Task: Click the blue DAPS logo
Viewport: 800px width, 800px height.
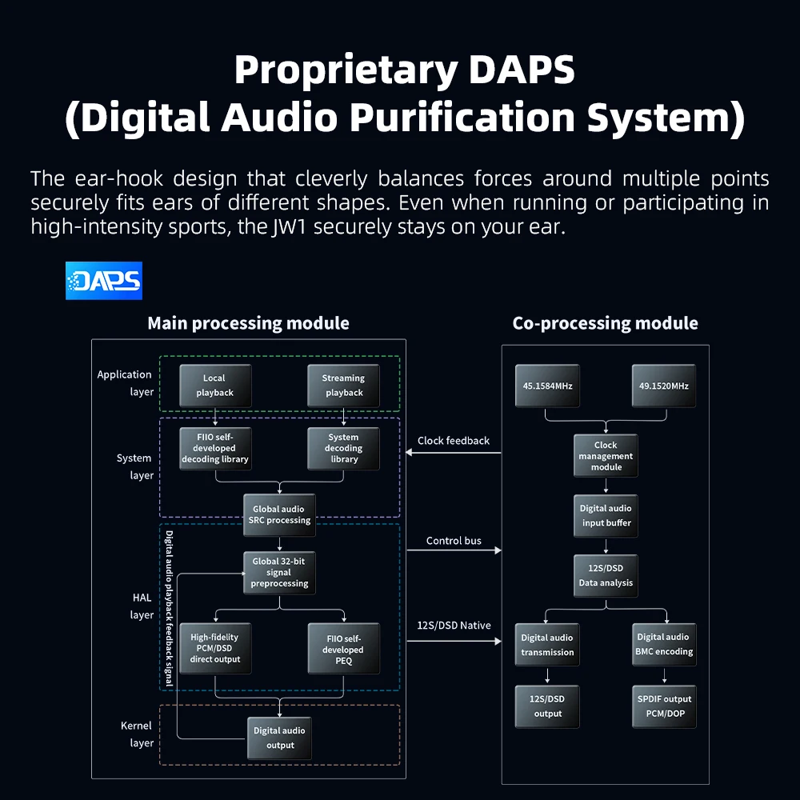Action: (103, 281)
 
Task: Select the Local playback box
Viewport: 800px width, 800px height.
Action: (214, 386)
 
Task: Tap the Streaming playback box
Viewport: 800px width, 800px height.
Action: (343, 386)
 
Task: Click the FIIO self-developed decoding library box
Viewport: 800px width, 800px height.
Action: (214, 448)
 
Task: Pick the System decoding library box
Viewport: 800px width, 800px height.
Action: (343, 448)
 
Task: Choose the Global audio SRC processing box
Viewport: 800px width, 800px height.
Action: (278, 514)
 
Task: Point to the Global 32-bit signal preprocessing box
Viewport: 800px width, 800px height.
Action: (279, 573)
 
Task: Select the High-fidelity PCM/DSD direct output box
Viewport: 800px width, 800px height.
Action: (214, 648)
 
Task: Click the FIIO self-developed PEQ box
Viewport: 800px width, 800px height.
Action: (343, 649)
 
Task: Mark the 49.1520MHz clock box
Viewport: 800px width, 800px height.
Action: (663, 386)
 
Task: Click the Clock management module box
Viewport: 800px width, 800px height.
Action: (606, 456)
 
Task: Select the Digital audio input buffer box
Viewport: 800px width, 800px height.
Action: (606, 515)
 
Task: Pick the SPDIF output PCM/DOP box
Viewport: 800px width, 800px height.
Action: (664, 706)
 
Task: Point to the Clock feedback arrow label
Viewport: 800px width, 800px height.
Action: (454, 441)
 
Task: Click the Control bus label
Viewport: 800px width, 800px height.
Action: (454, 541)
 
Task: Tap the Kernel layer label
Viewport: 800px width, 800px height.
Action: (136, 734)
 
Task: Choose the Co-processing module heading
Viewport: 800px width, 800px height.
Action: (605, 323)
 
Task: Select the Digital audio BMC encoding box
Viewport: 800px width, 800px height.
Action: (664, 644)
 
